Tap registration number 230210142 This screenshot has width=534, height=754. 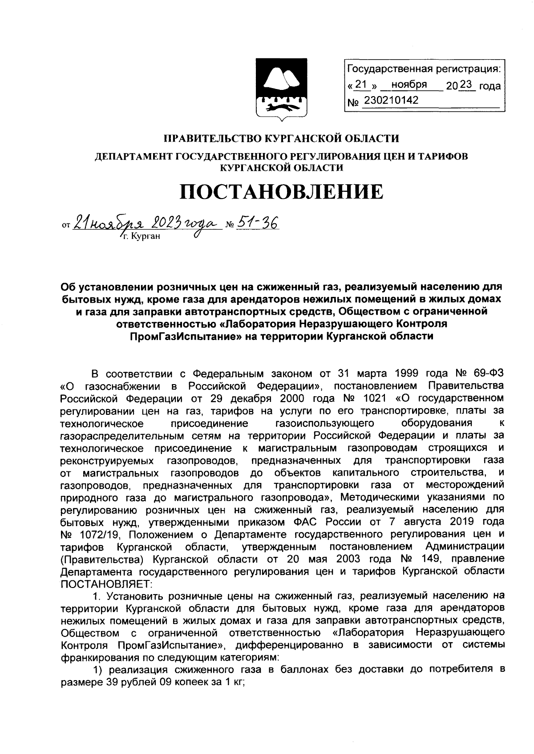[x=391, y=101]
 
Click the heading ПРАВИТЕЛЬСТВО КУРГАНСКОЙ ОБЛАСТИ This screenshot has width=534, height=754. [x=282, y=138]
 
